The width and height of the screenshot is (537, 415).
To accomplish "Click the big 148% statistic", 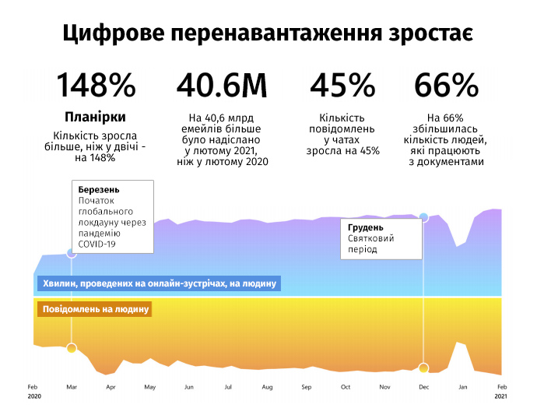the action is tap(97, 85).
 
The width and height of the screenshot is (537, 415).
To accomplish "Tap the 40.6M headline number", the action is tap(222, 85).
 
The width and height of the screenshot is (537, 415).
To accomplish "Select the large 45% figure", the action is tap(342, 85).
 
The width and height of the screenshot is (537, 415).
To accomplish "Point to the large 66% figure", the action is tap(446, 85).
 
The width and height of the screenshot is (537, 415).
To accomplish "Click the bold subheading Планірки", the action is tap(95, 118).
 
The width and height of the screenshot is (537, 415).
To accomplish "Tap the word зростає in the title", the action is tap(431, 33).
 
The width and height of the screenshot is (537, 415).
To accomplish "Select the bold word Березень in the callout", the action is tap(99, 190).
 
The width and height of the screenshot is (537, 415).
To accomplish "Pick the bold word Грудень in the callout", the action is tap(366, 227).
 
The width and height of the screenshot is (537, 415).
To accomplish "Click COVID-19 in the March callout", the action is tap(97, 244).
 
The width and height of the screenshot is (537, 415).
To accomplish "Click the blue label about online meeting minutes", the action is tap(160, 283).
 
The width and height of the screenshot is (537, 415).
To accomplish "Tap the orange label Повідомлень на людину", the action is tap(95, 309).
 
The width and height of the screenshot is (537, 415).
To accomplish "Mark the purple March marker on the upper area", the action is tap(72, 253).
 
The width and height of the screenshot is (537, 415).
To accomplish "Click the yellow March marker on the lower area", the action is tap(72, 349).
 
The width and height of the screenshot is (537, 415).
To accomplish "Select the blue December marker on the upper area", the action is tap(423, 217).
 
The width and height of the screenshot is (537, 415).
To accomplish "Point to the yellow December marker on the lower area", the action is tap(423, 368).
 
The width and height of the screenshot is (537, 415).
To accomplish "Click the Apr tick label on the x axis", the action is tap(111, 387).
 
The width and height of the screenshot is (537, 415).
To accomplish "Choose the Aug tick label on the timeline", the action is tap(267, 387).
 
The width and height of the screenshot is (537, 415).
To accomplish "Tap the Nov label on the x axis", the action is tap(384, 387).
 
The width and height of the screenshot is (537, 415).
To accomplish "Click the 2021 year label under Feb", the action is tap(500, 396).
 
